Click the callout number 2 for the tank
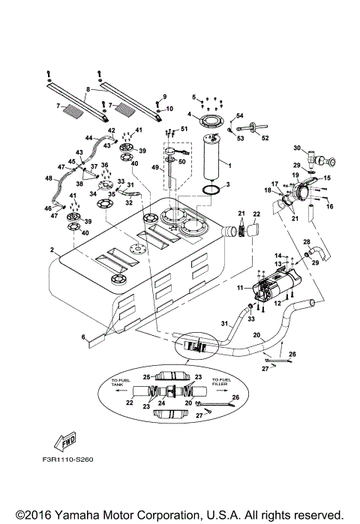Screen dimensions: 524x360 coord(52,250)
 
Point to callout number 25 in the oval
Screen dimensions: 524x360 coord(147,376)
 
